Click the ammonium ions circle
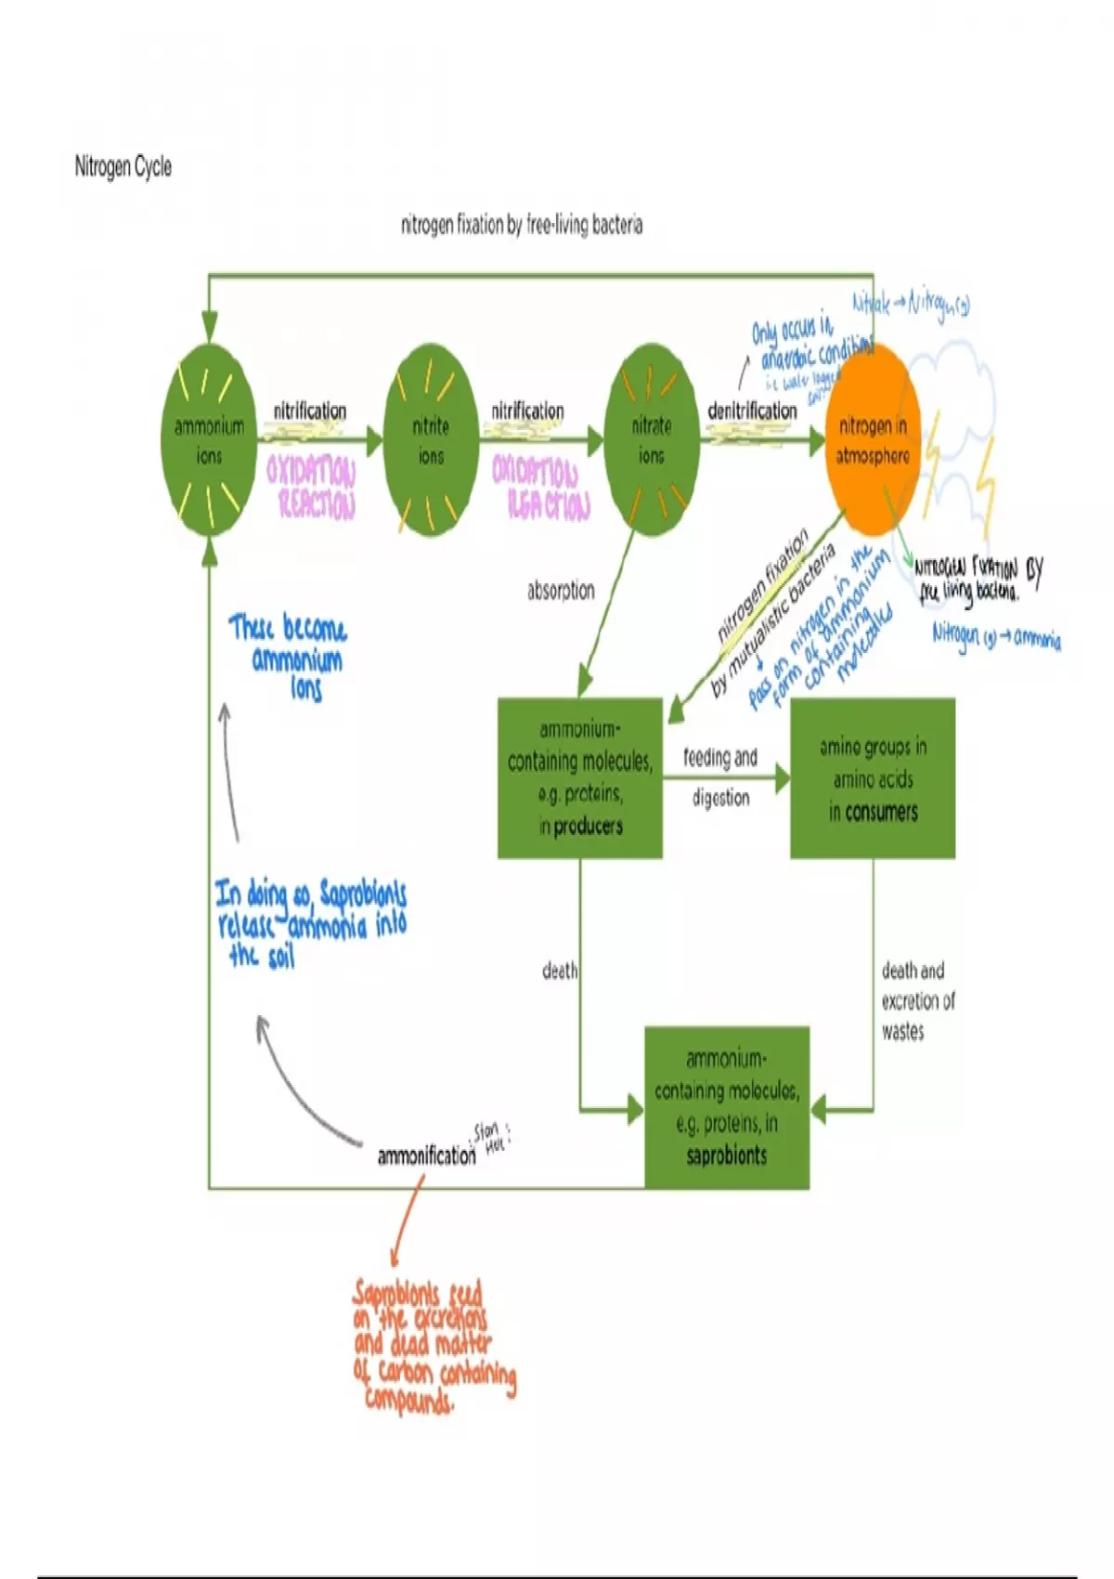(209, 439)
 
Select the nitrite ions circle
(430, 439)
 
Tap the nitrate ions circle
(651, 439)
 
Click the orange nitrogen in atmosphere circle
(872, 439)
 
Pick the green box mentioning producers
(580, 777)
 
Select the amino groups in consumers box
(873, 777)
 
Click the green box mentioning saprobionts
(727, 1107)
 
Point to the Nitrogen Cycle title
(123, 167)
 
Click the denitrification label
(752, 411)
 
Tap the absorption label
(561, 590)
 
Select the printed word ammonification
(426, 1155)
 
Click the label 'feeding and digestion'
(720, 776)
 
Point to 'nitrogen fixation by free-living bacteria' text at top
(522, 225)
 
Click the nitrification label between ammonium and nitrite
(310, 411)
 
